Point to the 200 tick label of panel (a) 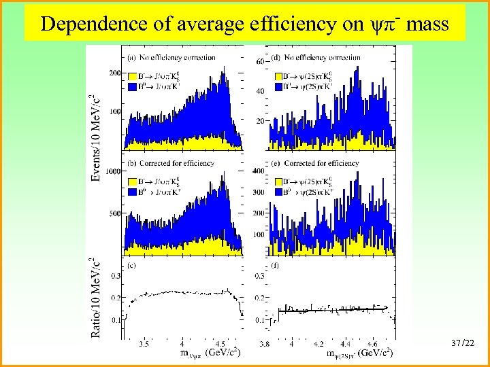(114, 73)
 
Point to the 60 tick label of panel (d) (260, 62)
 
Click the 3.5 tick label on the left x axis (144, 345)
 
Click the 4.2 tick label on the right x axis (318, 345)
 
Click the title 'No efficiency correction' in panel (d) (321, 58)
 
